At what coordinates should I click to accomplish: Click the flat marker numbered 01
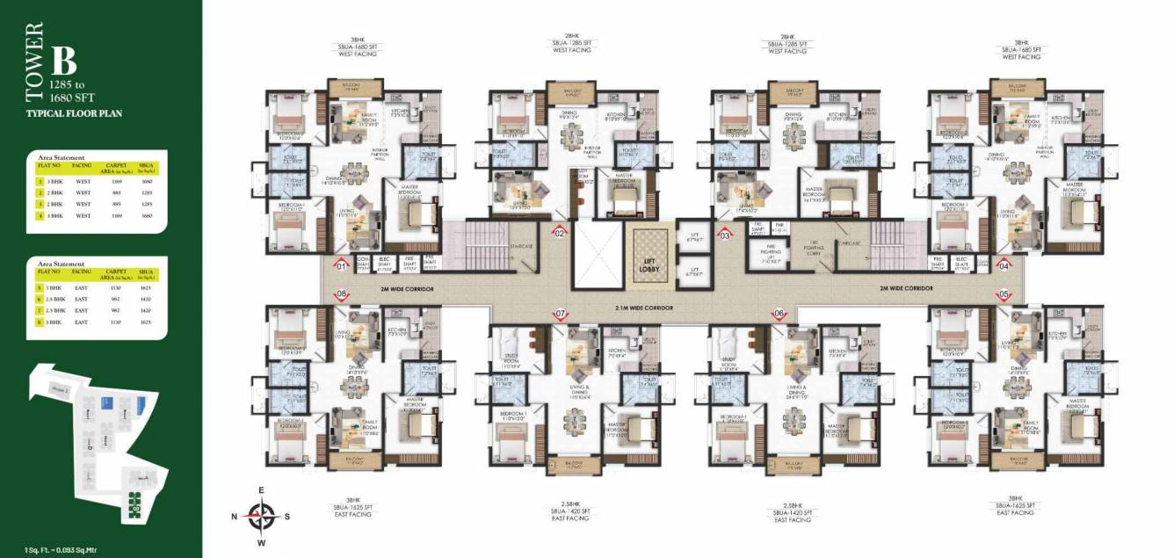[342, 265]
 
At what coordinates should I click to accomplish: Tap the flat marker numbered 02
[558, 233]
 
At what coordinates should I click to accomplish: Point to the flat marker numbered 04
[1004, 265]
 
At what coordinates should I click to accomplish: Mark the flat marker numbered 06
[779, 313]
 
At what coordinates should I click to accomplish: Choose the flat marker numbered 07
[560, 313]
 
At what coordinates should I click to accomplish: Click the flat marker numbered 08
[342, 294]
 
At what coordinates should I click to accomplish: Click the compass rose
[262, 516]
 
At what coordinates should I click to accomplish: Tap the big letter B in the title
[63, 61]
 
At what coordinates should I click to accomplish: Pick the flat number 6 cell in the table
[40, 299]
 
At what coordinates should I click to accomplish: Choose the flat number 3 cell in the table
[40, 203]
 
